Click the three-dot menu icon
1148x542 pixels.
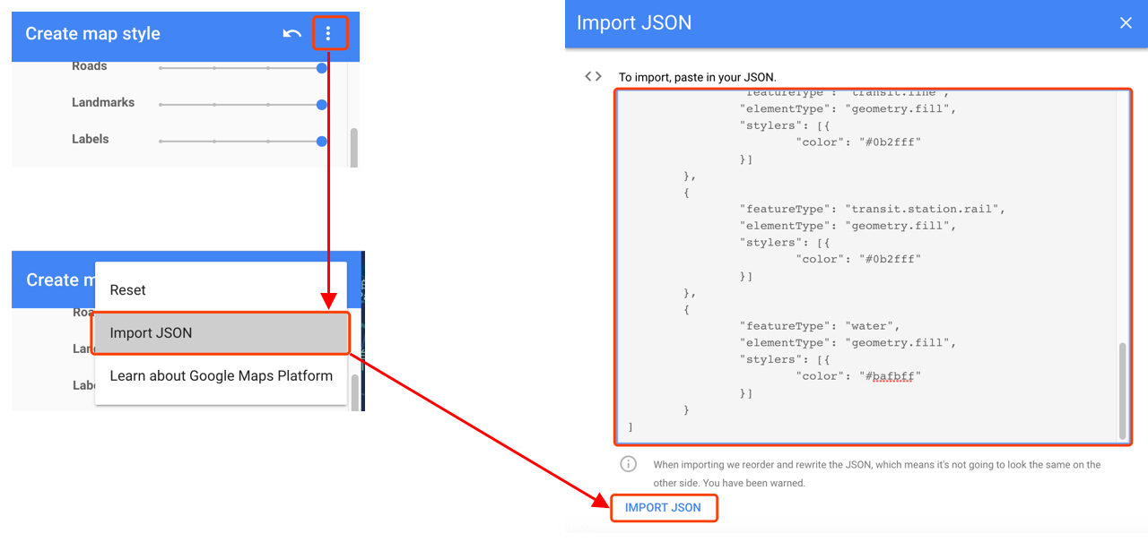tap(328, 34)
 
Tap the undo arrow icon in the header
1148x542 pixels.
tap(291, 34)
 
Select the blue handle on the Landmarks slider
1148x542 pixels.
tap(322, 105)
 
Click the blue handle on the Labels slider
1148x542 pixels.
tap(322, 142)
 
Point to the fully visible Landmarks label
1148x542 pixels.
tap(103, 103)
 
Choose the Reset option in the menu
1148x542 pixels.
tap(128, 290)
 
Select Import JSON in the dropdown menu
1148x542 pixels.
tap(152, 333)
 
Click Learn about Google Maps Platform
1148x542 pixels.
tap(222, 376)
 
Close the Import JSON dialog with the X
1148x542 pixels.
tap(1126, 23)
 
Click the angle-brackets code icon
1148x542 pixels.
tap(593, 77)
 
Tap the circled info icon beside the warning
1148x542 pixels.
tap(629, 464)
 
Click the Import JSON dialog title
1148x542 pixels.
tap(634, 23)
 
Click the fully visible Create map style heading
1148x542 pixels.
tap(93, 34)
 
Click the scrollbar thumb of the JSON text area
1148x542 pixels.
tap(1122, 391)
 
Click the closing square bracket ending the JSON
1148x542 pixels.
tap(631, 427)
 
